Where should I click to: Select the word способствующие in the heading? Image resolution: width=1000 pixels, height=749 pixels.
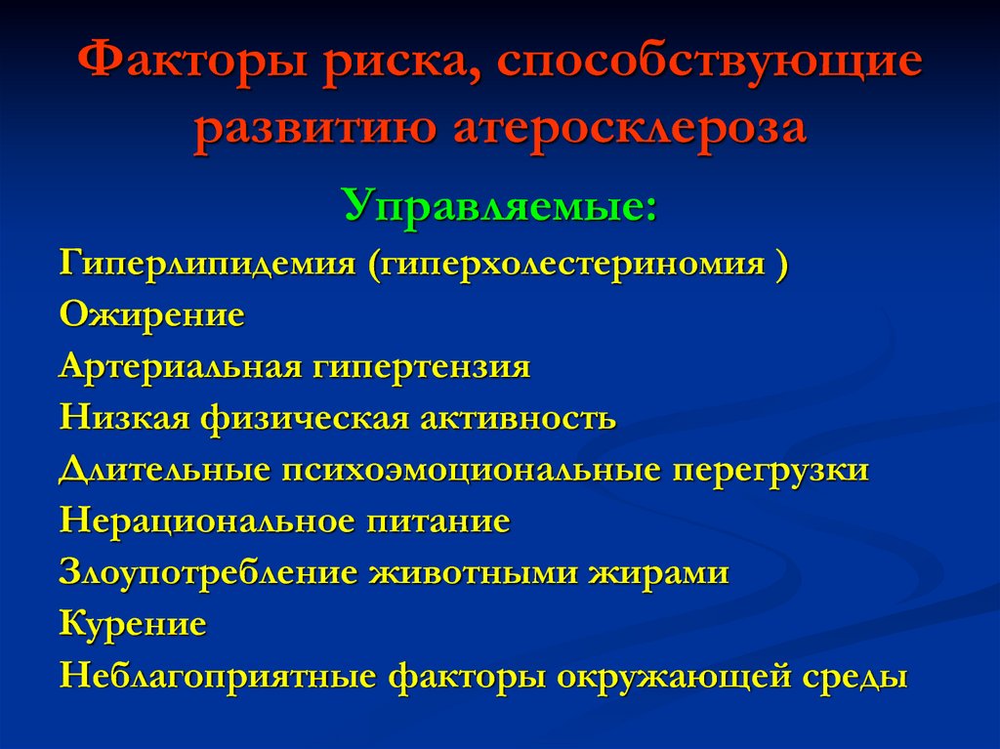pos(709,62)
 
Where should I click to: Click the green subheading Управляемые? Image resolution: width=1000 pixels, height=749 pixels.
pos(500,206)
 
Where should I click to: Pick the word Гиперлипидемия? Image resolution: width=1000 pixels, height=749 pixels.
pos(207,264)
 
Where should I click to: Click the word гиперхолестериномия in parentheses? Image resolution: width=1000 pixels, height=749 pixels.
pos(565,264)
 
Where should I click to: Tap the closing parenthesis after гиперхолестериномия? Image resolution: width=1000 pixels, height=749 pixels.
pos(782,264)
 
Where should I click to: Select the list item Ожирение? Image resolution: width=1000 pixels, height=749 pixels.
pos(151,314)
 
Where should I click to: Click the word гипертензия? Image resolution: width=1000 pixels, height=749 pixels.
pos(421,367)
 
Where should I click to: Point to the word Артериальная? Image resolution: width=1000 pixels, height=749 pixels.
pos(180,367)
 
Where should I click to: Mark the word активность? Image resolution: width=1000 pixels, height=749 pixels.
pos(518,419)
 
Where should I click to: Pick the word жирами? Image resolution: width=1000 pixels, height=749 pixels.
pos(658,573)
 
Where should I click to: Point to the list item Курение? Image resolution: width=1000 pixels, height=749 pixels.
pos(133,623)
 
